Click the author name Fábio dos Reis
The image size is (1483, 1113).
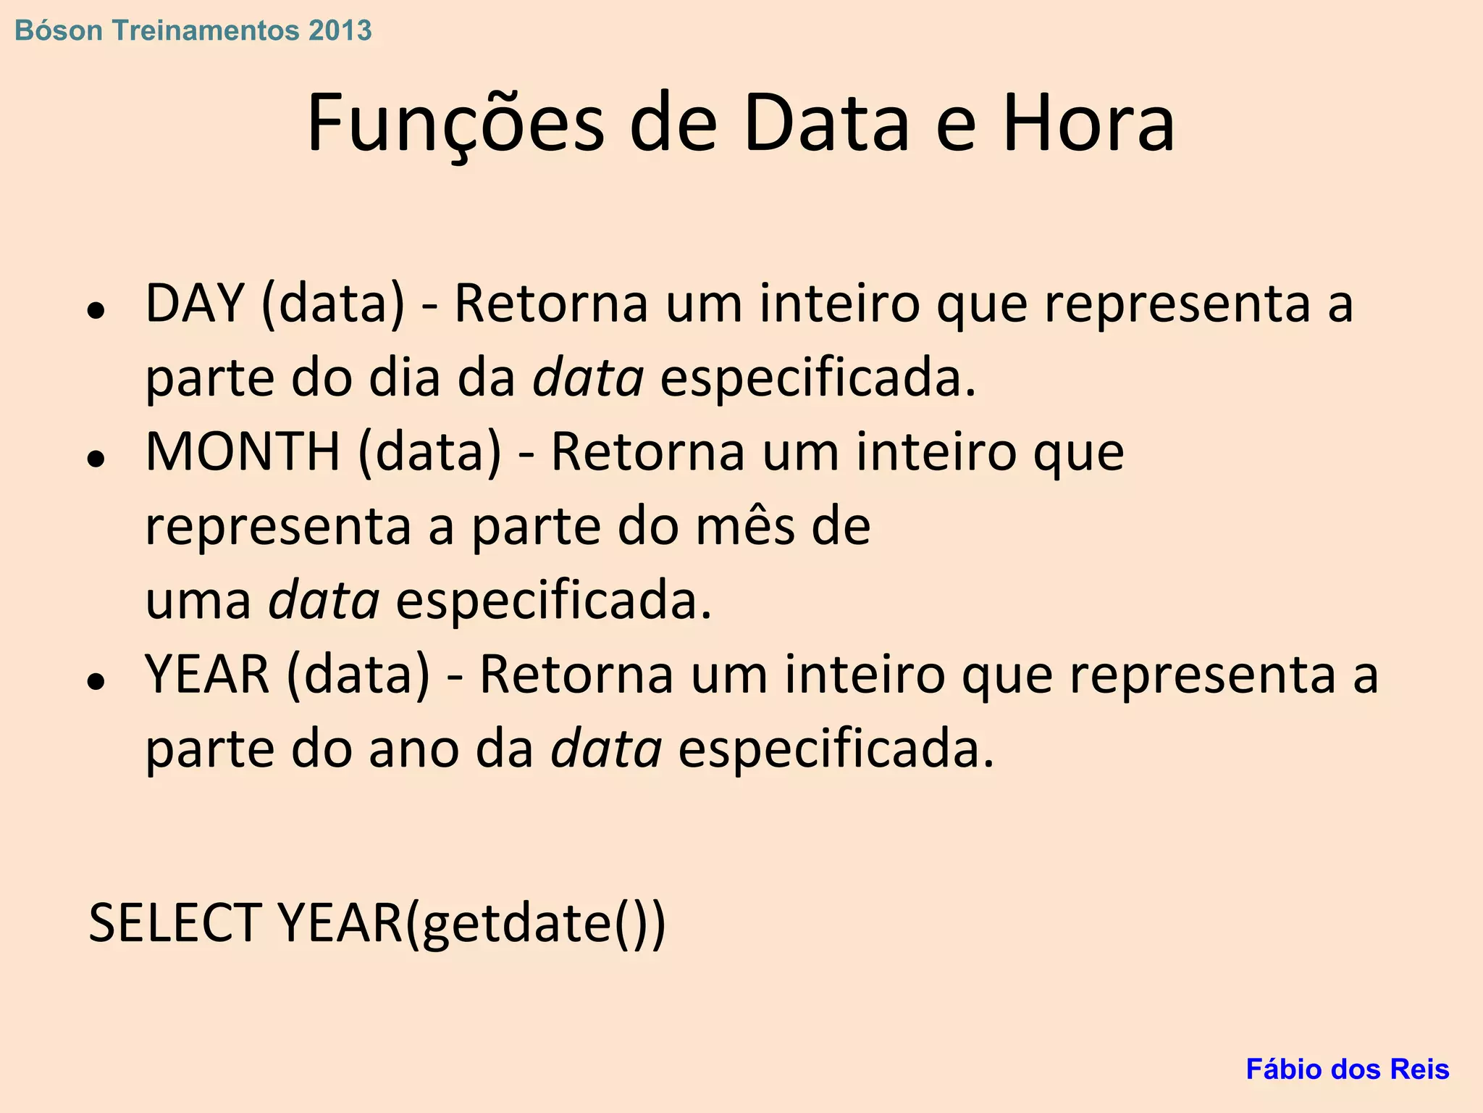[x=1347, y=1069]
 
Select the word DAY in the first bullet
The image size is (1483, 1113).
[x=194, y=303]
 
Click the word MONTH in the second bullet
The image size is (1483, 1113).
[x=243, y=451]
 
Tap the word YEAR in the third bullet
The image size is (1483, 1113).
[x=207, y=675]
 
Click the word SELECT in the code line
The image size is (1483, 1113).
[x=175, y=923]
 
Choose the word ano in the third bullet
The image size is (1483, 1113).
[x=413, y=749]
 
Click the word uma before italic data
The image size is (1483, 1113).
[x=198, y=601]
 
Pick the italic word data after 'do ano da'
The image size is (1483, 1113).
[x=606, y=749]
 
